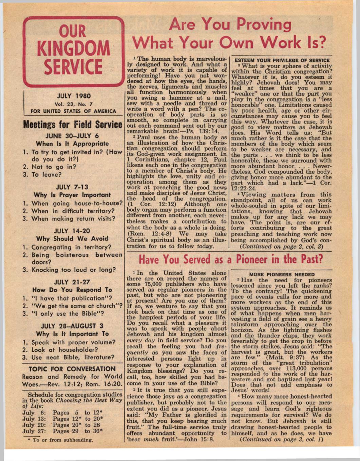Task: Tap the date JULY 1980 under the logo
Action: [x=73, y=96]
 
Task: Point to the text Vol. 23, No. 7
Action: [x=73, y=104]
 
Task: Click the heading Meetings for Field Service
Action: [x=73, y=124]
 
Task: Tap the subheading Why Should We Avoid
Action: [x=72, y=238]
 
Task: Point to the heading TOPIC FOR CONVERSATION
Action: [x=72, y=369]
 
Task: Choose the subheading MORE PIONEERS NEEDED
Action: [x=282, y=274]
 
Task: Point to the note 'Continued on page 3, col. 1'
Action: [x=281, y=439]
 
